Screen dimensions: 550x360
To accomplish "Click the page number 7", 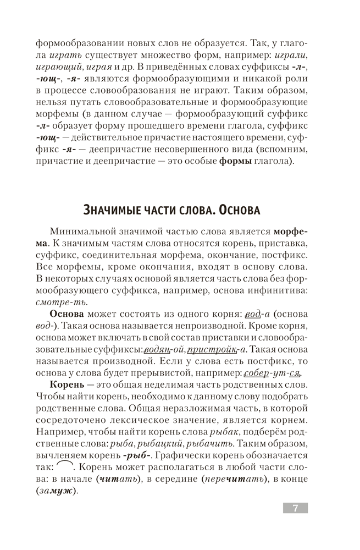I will pyautogui.click(x=295, y=508).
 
